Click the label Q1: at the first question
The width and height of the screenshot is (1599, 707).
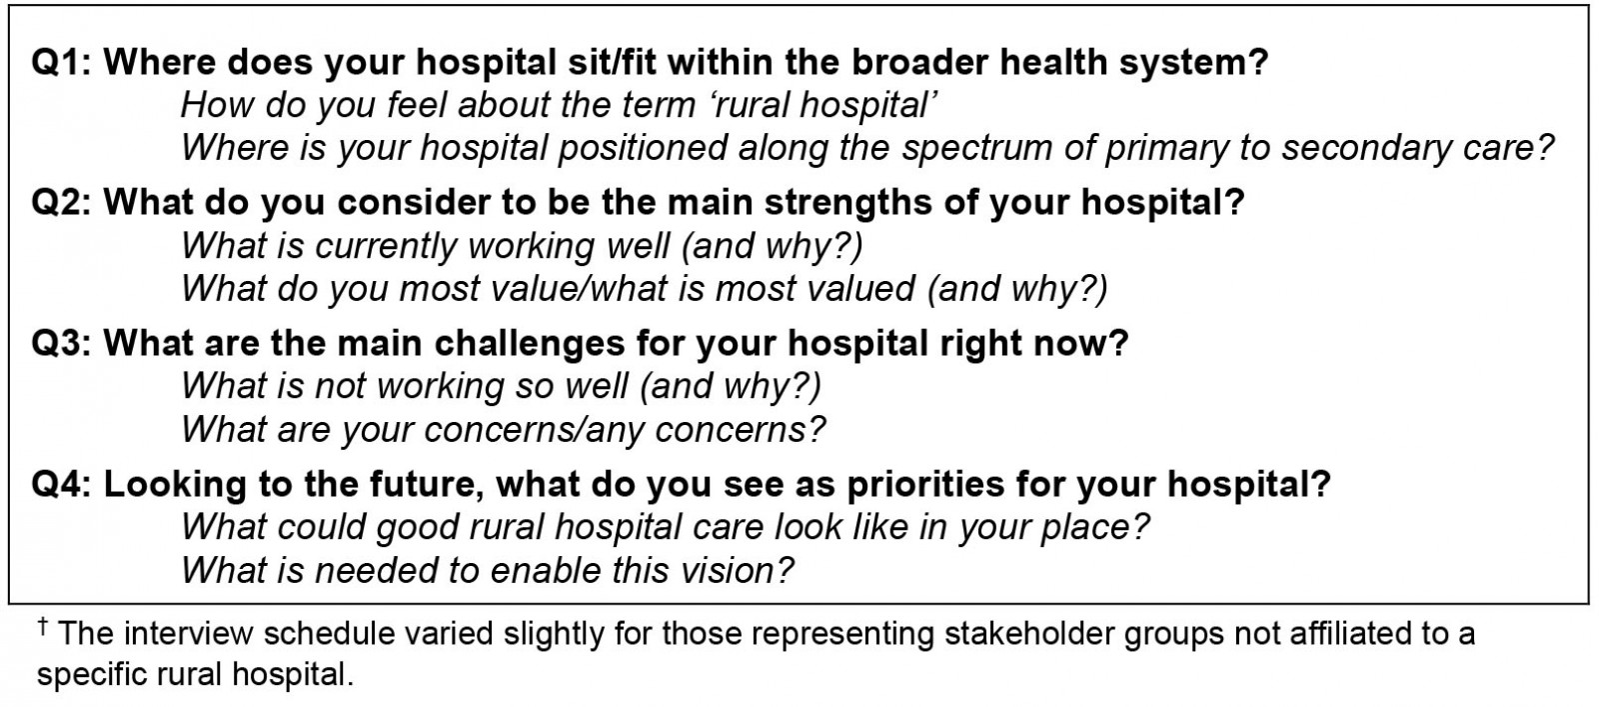point(61,62)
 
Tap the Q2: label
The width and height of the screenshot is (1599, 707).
point(61,203)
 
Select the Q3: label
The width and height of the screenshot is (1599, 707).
point(61,344)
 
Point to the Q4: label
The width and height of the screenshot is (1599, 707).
point(61,484)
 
